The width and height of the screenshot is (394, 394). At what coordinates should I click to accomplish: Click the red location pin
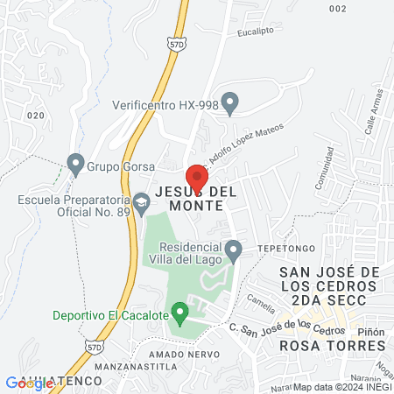click(x=196, y=176)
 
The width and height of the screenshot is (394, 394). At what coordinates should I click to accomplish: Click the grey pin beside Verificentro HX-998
click(x=230, y=104)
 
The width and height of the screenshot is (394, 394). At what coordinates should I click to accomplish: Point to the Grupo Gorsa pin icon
click(x=75, y=164)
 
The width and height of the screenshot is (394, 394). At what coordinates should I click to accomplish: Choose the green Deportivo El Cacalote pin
click(x=180, y=313)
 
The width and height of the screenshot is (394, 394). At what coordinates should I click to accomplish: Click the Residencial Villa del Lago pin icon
click(x=233, y=251)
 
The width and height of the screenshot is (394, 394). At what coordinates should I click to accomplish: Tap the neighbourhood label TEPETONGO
click(x=279, y=248)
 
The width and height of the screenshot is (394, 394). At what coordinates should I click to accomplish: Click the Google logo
click(x=29, y=383)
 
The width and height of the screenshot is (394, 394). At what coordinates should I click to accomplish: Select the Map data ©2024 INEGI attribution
click(x=341, y=387)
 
